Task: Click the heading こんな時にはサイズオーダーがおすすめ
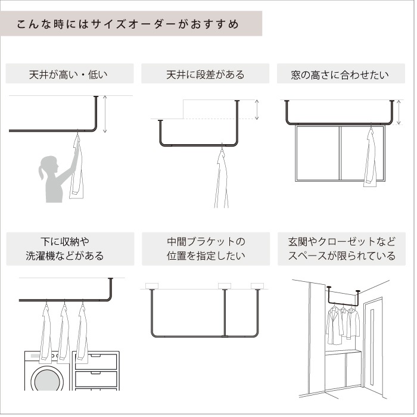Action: click(127, 24)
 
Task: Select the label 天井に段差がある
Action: click(206, 75)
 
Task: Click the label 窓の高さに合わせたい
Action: click(340, 75)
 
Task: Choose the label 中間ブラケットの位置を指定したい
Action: click(206, 249)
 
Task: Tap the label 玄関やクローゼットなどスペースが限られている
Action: click(341, 249)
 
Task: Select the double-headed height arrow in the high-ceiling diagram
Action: click(105, 114)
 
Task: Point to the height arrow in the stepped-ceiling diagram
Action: click(257, 110)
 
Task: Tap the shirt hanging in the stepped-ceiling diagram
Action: click(221, 179)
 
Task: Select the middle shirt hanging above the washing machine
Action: click(64, 334)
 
